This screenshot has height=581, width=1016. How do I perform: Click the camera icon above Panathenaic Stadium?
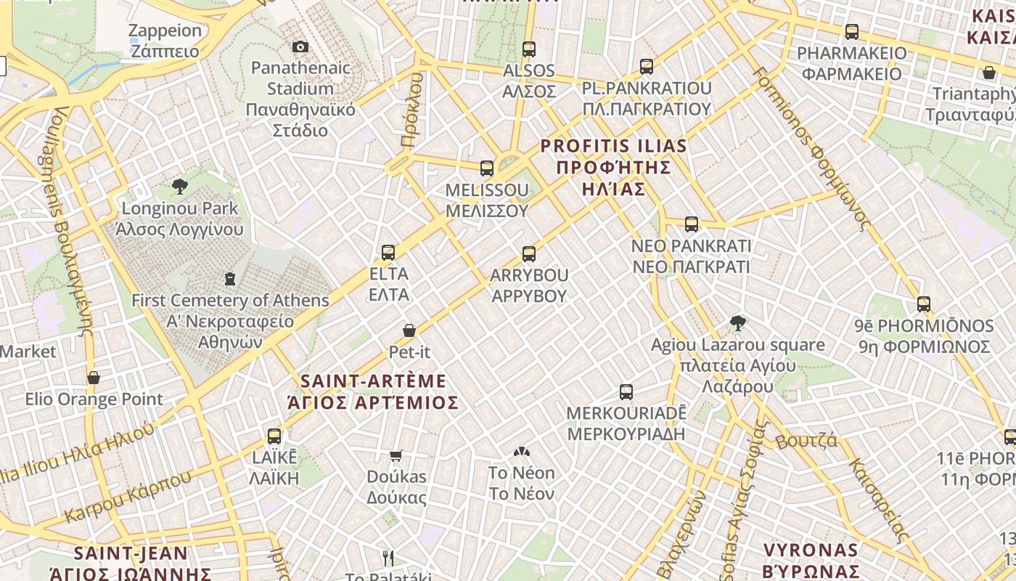tap(300, 47)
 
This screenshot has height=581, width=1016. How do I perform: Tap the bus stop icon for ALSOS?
tap(529, 49)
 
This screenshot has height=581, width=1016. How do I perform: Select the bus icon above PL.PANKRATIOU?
tap(647, 67)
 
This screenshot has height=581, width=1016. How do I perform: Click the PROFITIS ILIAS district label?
tap(613, 167)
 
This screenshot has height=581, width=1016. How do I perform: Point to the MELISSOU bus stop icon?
tap(487, 168)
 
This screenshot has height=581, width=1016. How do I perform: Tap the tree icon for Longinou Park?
tap(180, 187)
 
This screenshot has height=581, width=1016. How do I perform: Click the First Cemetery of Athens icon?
tap(230, 279)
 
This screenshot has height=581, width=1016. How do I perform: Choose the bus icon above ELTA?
tap(388, 253)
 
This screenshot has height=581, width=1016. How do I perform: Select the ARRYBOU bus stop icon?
tap(529, 254)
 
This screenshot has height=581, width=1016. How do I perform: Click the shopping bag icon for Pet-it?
tap(409, 330)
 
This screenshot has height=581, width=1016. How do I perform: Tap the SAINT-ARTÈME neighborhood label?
tap(373, 391)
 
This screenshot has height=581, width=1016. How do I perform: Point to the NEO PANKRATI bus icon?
tap(692, 224)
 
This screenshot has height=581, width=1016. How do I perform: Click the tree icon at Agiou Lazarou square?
tap(738, 323)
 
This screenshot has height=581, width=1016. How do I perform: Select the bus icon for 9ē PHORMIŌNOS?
tap(924, 304)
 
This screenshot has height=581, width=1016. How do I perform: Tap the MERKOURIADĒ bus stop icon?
tap(626, 392)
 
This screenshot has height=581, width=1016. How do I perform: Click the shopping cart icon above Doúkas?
tap(396, 455)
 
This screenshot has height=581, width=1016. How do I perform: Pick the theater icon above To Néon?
tap(521, 452)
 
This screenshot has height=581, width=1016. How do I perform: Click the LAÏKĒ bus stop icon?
tap(274, 436)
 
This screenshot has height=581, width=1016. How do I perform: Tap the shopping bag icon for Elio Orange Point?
tap(94, 378)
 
